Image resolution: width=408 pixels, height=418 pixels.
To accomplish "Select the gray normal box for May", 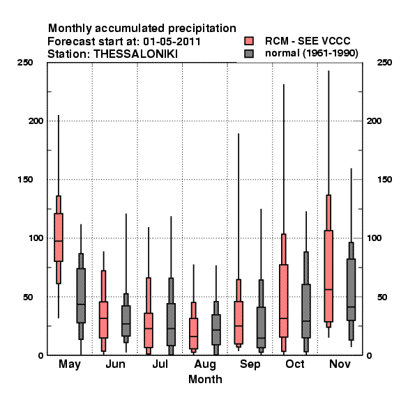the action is point(81,295).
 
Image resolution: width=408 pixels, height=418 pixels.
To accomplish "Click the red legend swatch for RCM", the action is point(249,41).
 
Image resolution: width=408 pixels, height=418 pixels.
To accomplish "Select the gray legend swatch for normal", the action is point(249,54).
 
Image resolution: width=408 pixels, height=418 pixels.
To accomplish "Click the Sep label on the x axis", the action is point(250,364).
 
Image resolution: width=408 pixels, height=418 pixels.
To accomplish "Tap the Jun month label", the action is point(115,364).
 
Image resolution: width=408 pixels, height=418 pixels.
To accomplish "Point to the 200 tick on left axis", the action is point(36,121).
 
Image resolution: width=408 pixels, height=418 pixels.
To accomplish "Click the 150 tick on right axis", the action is point(384,180).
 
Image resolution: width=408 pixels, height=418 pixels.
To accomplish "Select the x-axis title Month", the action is point(205,379).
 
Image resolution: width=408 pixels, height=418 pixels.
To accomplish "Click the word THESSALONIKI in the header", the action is point(135,54).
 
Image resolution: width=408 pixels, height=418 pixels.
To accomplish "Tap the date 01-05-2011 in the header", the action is point(172,42).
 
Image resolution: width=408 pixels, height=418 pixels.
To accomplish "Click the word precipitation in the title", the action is point(202,29).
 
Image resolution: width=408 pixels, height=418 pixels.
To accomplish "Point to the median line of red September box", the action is point(239,326).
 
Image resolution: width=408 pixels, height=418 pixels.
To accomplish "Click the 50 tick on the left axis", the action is point(28,297).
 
